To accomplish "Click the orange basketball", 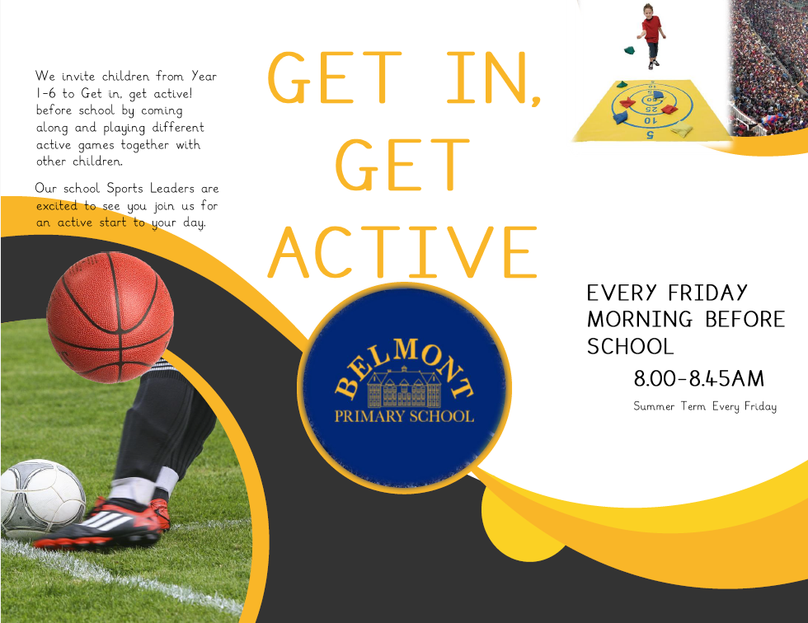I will coord(110,317).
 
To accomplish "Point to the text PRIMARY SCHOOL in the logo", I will coord(404,416).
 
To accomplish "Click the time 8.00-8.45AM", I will coord(699,379).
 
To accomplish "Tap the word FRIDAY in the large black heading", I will coord(707,293).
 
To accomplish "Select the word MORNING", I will coord(641,319).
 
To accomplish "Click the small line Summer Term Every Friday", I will coord(705,406).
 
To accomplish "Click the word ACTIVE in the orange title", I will coord(404,250).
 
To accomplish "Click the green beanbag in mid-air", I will coord(629,49).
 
